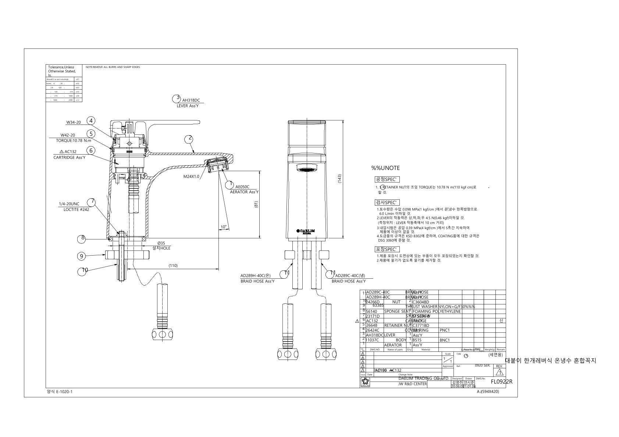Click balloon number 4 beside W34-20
click(x=91, y=120)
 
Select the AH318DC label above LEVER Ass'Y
click(x=191, y=100)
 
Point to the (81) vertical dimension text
click(x=256, y=205)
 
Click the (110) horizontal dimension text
click(x=173, y=266)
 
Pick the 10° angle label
click(x=224, y=227)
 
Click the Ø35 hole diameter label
click(x=161, y=243)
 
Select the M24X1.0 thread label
click(x=191, y=176)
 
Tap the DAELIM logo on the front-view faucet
click(x=306, y=231)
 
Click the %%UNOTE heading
click(x=385, y=168)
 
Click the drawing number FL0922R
click(x=501, y=382)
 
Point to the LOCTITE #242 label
click(x=76, y=210)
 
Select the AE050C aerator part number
click(x=242, y=187)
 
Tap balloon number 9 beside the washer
click(x=82, y=256)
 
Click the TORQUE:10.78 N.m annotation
click(x=71, y=140)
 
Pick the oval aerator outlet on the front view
click(x=306, y=170)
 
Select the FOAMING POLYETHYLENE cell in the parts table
click(x=437, y=311)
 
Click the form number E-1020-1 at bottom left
click(x=59, y=392)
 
